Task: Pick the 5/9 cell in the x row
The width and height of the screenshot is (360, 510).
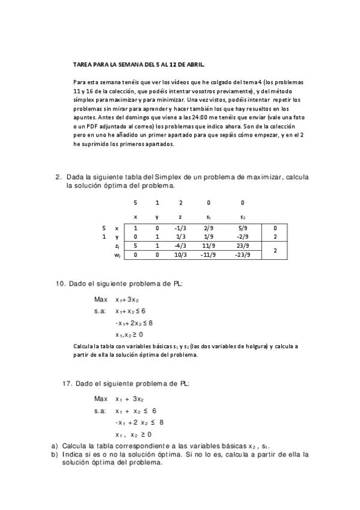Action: [x=243, y=229]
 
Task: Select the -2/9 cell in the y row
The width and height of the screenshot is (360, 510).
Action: [x=243, y=237]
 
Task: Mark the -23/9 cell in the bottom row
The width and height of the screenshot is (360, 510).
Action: [x=243, y=255]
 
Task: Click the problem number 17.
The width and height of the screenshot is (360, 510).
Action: [x=69, y=383]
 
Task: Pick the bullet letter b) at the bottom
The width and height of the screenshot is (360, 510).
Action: [x=54, y=455]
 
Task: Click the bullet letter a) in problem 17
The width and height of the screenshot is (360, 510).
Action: [x=54, y=446]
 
